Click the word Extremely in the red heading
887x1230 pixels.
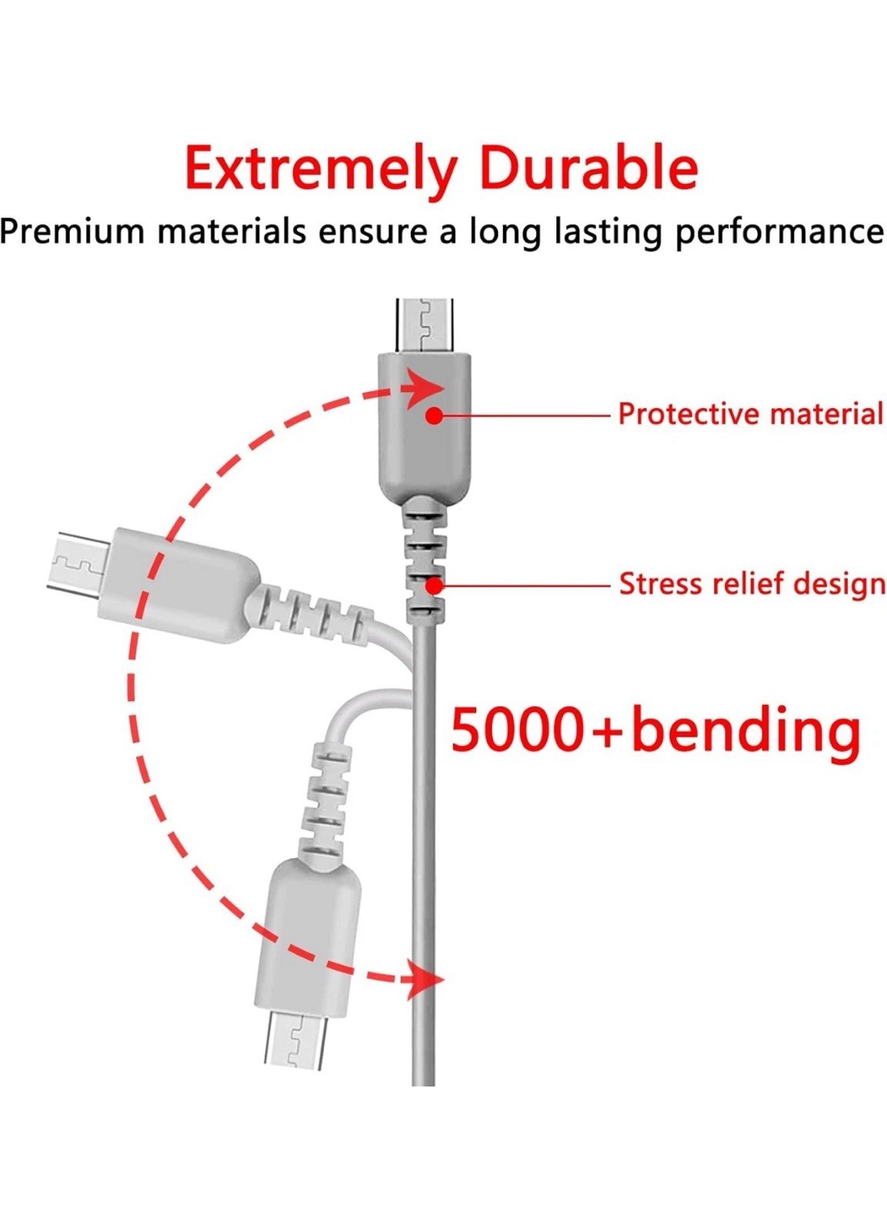322,168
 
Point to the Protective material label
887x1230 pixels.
750,414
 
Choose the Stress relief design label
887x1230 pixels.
752,583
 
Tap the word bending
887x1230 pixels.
745,731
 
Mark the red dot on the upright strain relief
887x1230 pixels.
434,586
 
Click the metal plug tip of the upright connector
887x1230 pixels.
425,325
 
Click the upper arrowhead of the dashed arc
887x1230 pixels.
423,388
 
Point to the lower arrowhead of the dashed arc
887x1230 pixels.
423,979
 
